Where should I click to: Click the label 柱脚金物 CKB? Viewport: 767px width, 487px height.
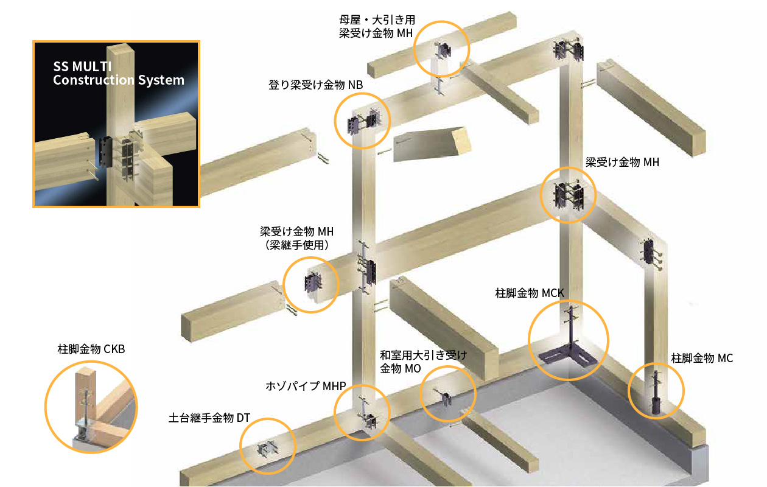pos(91,349)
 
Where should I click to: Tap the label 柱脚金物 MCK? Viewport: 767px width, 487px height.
pos(530,293)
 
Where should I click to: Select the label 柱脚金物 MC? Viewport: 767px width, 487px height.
pos(702,359)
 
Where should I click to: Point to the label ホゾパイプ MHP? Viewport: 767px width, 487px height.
pos(306,387)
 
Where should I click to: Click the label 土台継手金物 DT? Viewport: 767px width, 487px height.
pos(209,418)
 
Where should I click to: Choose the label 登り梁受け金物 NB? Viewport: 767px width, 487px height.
pos(315,85)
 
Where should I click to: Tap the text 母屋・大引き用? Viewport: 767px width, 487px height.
pos(377,20)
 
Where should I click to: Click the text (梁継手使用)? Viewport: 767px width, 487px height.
pos(297,245)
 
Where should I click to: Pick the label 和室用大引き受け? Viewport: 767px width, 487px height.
pos(423,355)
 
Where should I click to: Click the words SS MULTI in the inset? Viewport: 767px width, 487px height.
pos(82,66)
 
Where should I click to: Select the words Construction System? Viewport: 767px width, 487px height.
pos(119,80)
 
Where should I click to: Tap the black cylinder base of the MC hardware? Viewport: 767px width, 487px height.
pos(656,406)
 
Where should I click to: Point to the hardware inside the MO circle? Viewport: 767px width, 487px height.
pos(444,398)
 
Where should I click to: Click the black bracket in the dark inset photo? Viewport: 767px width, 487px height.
pos(106,152)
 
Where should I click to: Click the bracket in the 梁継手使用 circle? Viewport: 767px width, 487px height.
pos(312,284)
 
